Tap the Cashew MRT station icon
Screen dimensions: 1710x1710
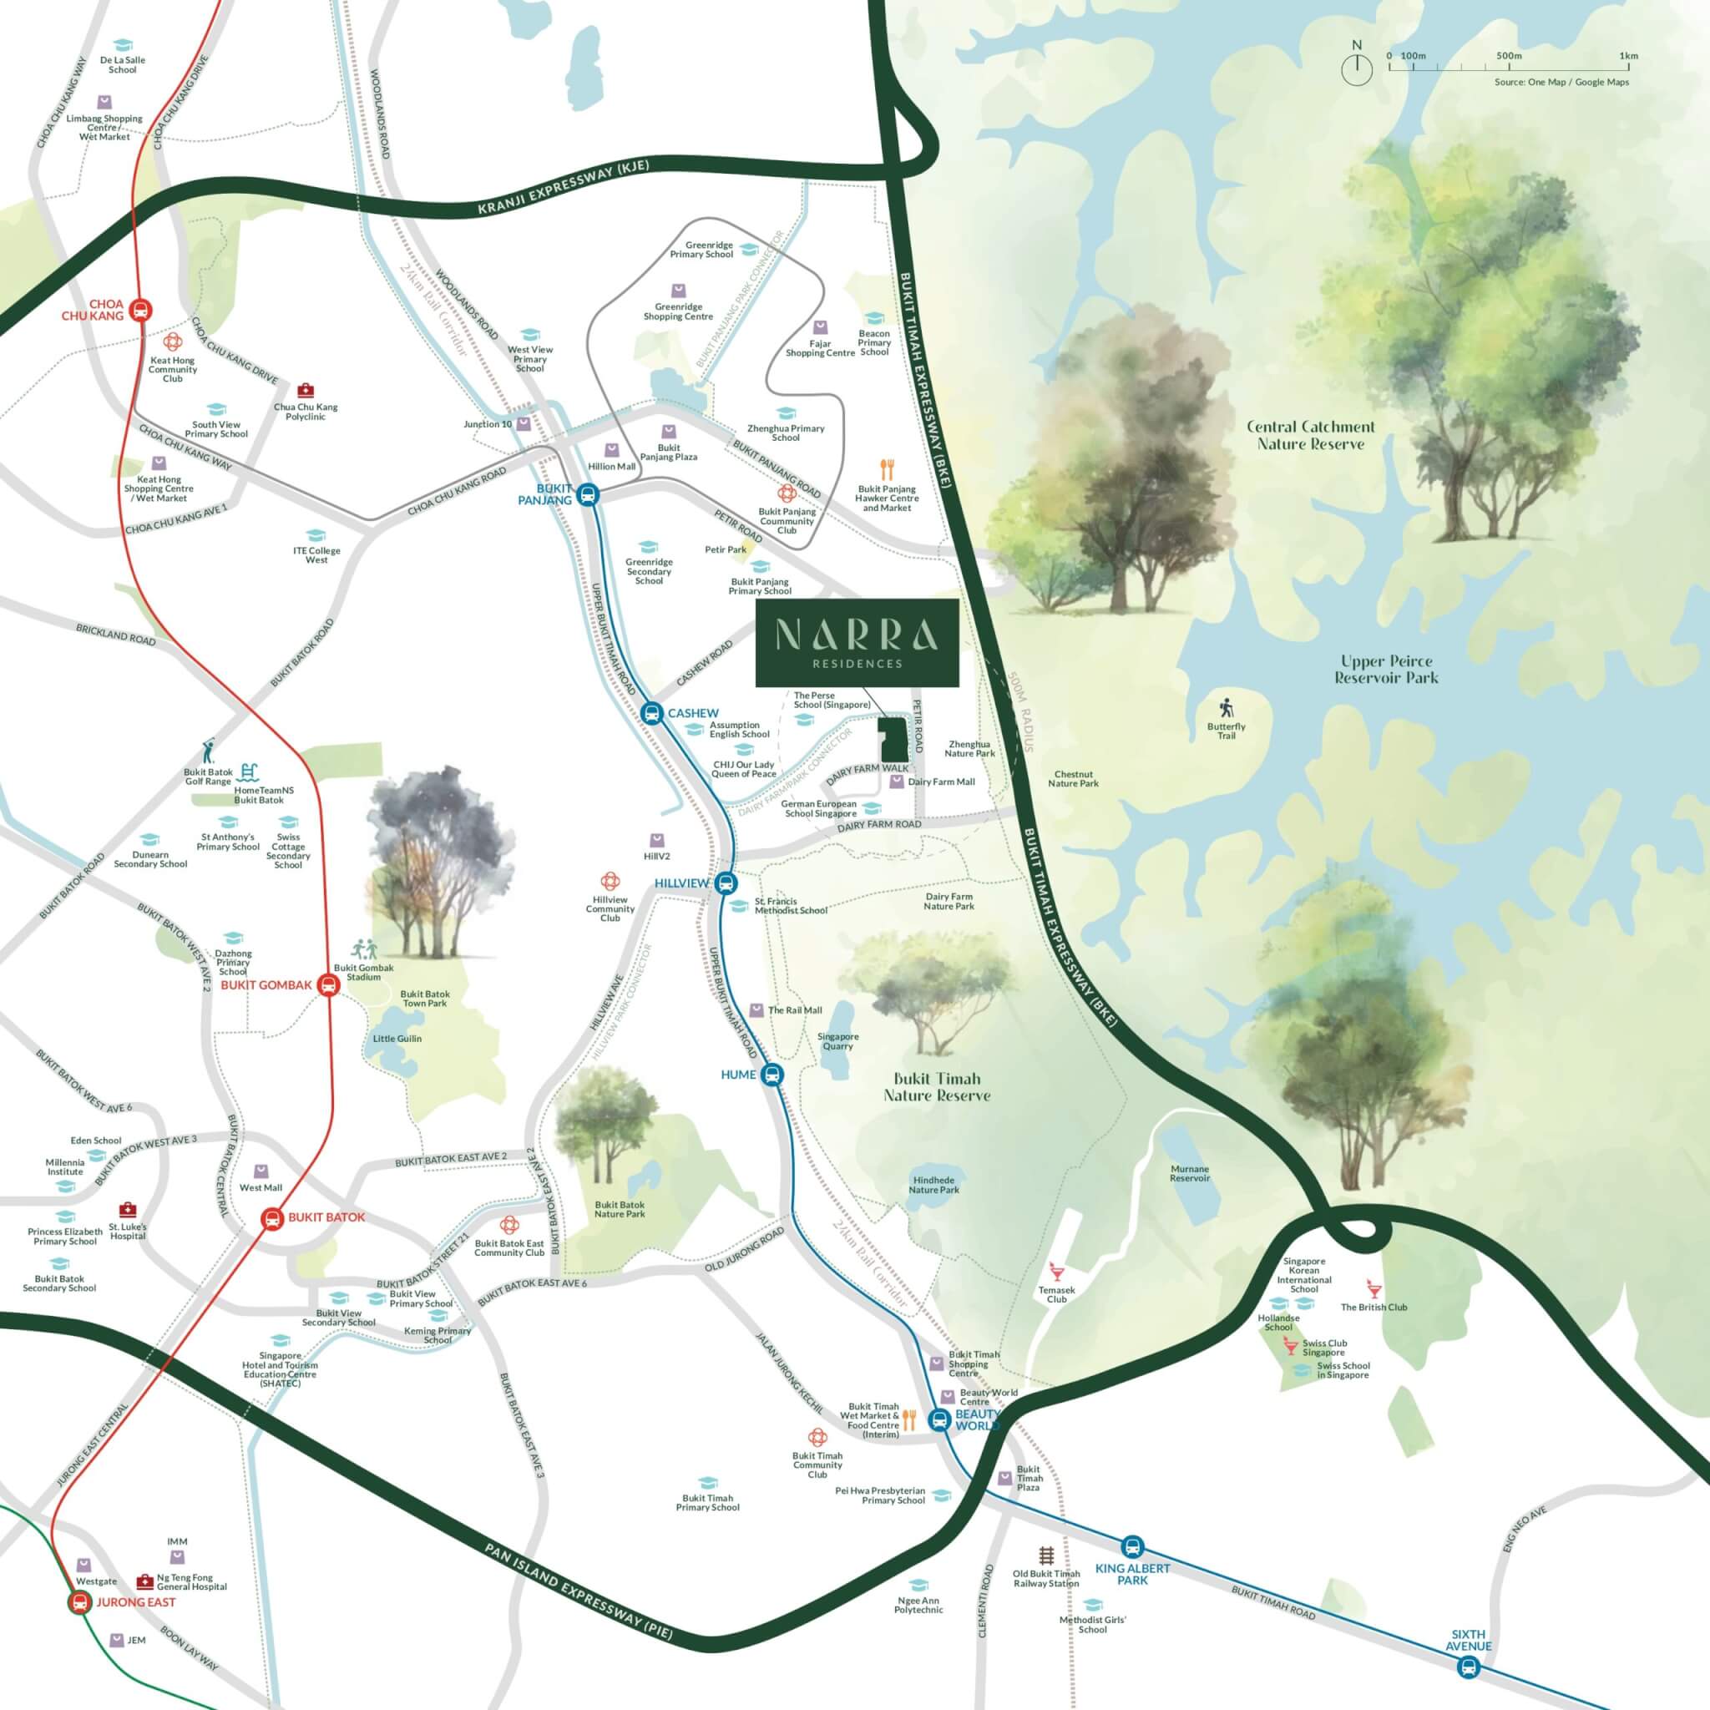click(651, 712)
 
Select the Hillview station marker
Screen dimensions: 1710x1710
click(726, 883)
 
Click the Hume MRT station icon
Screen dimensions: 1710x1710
click(772, 1075)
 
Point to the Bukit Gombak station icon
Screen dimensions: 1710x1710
click(328, 985)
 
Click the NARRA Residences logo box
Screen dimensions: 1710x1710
click(856, 643)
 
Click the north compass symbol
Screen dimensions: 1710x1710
click(1357, 70)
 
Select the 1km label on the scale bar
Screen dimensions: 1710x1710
click(1627, 56)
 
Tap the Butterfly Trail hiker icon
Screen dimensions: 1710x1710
click(1226, 708)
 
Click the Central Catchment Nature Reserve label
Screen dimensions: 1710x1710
click(1310, 434)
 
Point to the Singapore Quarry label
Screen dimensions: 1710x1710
click(837, 1041)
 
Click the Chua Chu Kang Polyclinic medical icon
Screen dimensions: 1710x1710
click(306, 390)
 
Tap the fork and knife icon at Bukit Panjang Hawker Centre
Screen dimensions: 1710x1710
click(887, 469)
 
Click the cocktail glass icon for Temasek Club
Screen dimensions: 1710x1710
click(1055, 1271)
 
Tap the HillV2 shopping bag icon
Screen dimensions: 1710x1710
click(657, 840)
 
